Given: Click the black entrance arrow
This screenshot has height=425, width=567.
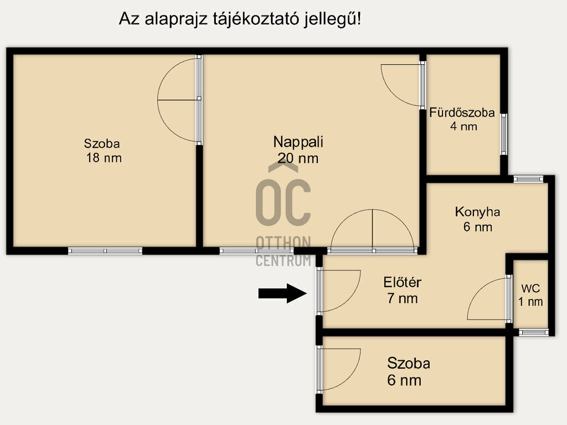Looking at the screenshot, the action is (x=282, y=293).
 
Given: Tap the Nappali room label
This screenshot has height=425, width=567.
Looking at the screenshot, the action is (x=298, y=142).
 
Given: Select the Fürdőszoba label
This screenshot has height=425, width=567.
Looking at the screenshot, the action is (x=462, y=113).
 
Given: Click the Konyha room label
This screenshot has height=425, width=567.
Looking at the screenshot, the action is (x=477, y=212).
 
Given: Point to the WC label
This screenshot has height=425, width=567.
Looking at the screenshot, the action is (x=530, y=288).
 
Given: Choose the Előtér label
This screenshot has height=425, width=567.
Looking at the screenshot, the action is (x=403, y=282).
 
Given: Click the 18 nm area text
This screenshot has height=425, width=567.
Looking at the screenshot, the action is (x=104, y=158).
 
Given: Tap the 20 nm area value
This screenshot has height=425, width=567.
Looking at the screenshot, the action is (x=298, y=158).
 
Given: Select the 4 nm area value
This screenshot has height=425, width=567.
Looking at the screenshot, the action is (x=463, y=127).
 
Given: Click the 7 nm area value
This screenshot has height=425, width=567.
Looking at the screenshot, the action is (x=403, y=298).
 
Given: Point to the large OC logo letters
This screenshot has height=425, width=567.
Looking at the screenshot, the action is (x=283, y=203).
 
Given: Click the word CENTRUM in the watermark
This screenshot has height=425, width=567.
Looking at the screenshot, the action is (x=283, y=261).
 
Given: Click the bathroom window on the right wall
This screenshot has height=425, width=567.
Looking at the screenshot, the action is (x=504, y=134).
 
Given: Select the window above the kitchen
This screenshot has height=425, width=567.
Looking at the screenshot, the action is (x=528, y=179).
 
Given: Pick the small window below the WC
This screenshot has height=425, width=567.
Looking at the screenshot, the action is (x=533, y=333).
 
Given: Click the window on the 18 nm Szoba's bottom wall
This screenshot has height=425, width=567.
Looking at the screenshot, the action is (x=105, y=251).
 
